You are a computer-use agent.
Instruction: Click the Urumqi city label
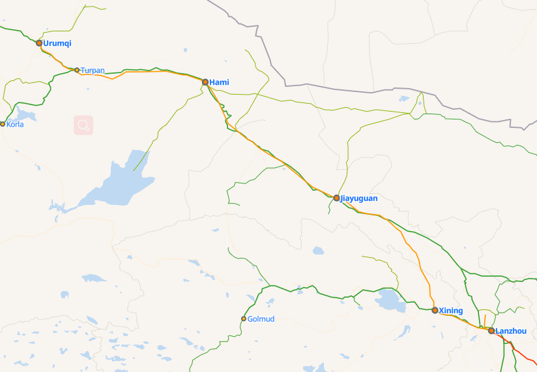point(57,43)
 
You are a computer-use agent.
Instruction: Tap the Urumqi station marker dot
point(39,43)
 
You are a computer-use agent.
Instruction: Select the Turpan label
point(93,70)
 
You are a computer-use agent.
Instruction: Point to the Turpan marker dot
point(77,70)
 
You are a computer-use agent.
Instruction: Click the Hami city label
point(219,82)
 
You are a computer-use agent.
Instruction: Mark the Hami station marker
point(205,82)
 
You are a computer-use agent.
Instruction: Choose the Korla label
point(15,124)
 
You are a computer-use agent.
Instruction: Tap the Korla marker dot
point(3,124)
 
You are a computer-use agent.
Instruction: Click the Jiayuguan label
point(359,198)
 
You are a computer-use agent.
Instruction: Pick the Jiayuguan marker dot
point(336,198)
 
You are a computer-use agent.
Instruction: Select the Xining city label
point(451,310)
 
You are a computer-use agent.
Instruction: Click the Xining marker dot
point(435,310)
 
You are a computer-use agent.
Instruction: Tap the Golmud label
point(261,318)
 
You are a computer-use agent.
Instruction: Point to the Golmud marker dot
point(244,318)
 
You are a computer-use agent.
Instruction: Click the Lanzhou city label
point(511,331)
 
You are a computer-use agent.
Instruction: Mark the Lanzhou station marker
point(491,331)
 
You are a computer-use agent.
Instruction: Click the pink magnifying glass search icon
point(83,125)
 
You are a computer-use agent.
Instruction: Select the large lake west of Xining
point(390,300)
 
